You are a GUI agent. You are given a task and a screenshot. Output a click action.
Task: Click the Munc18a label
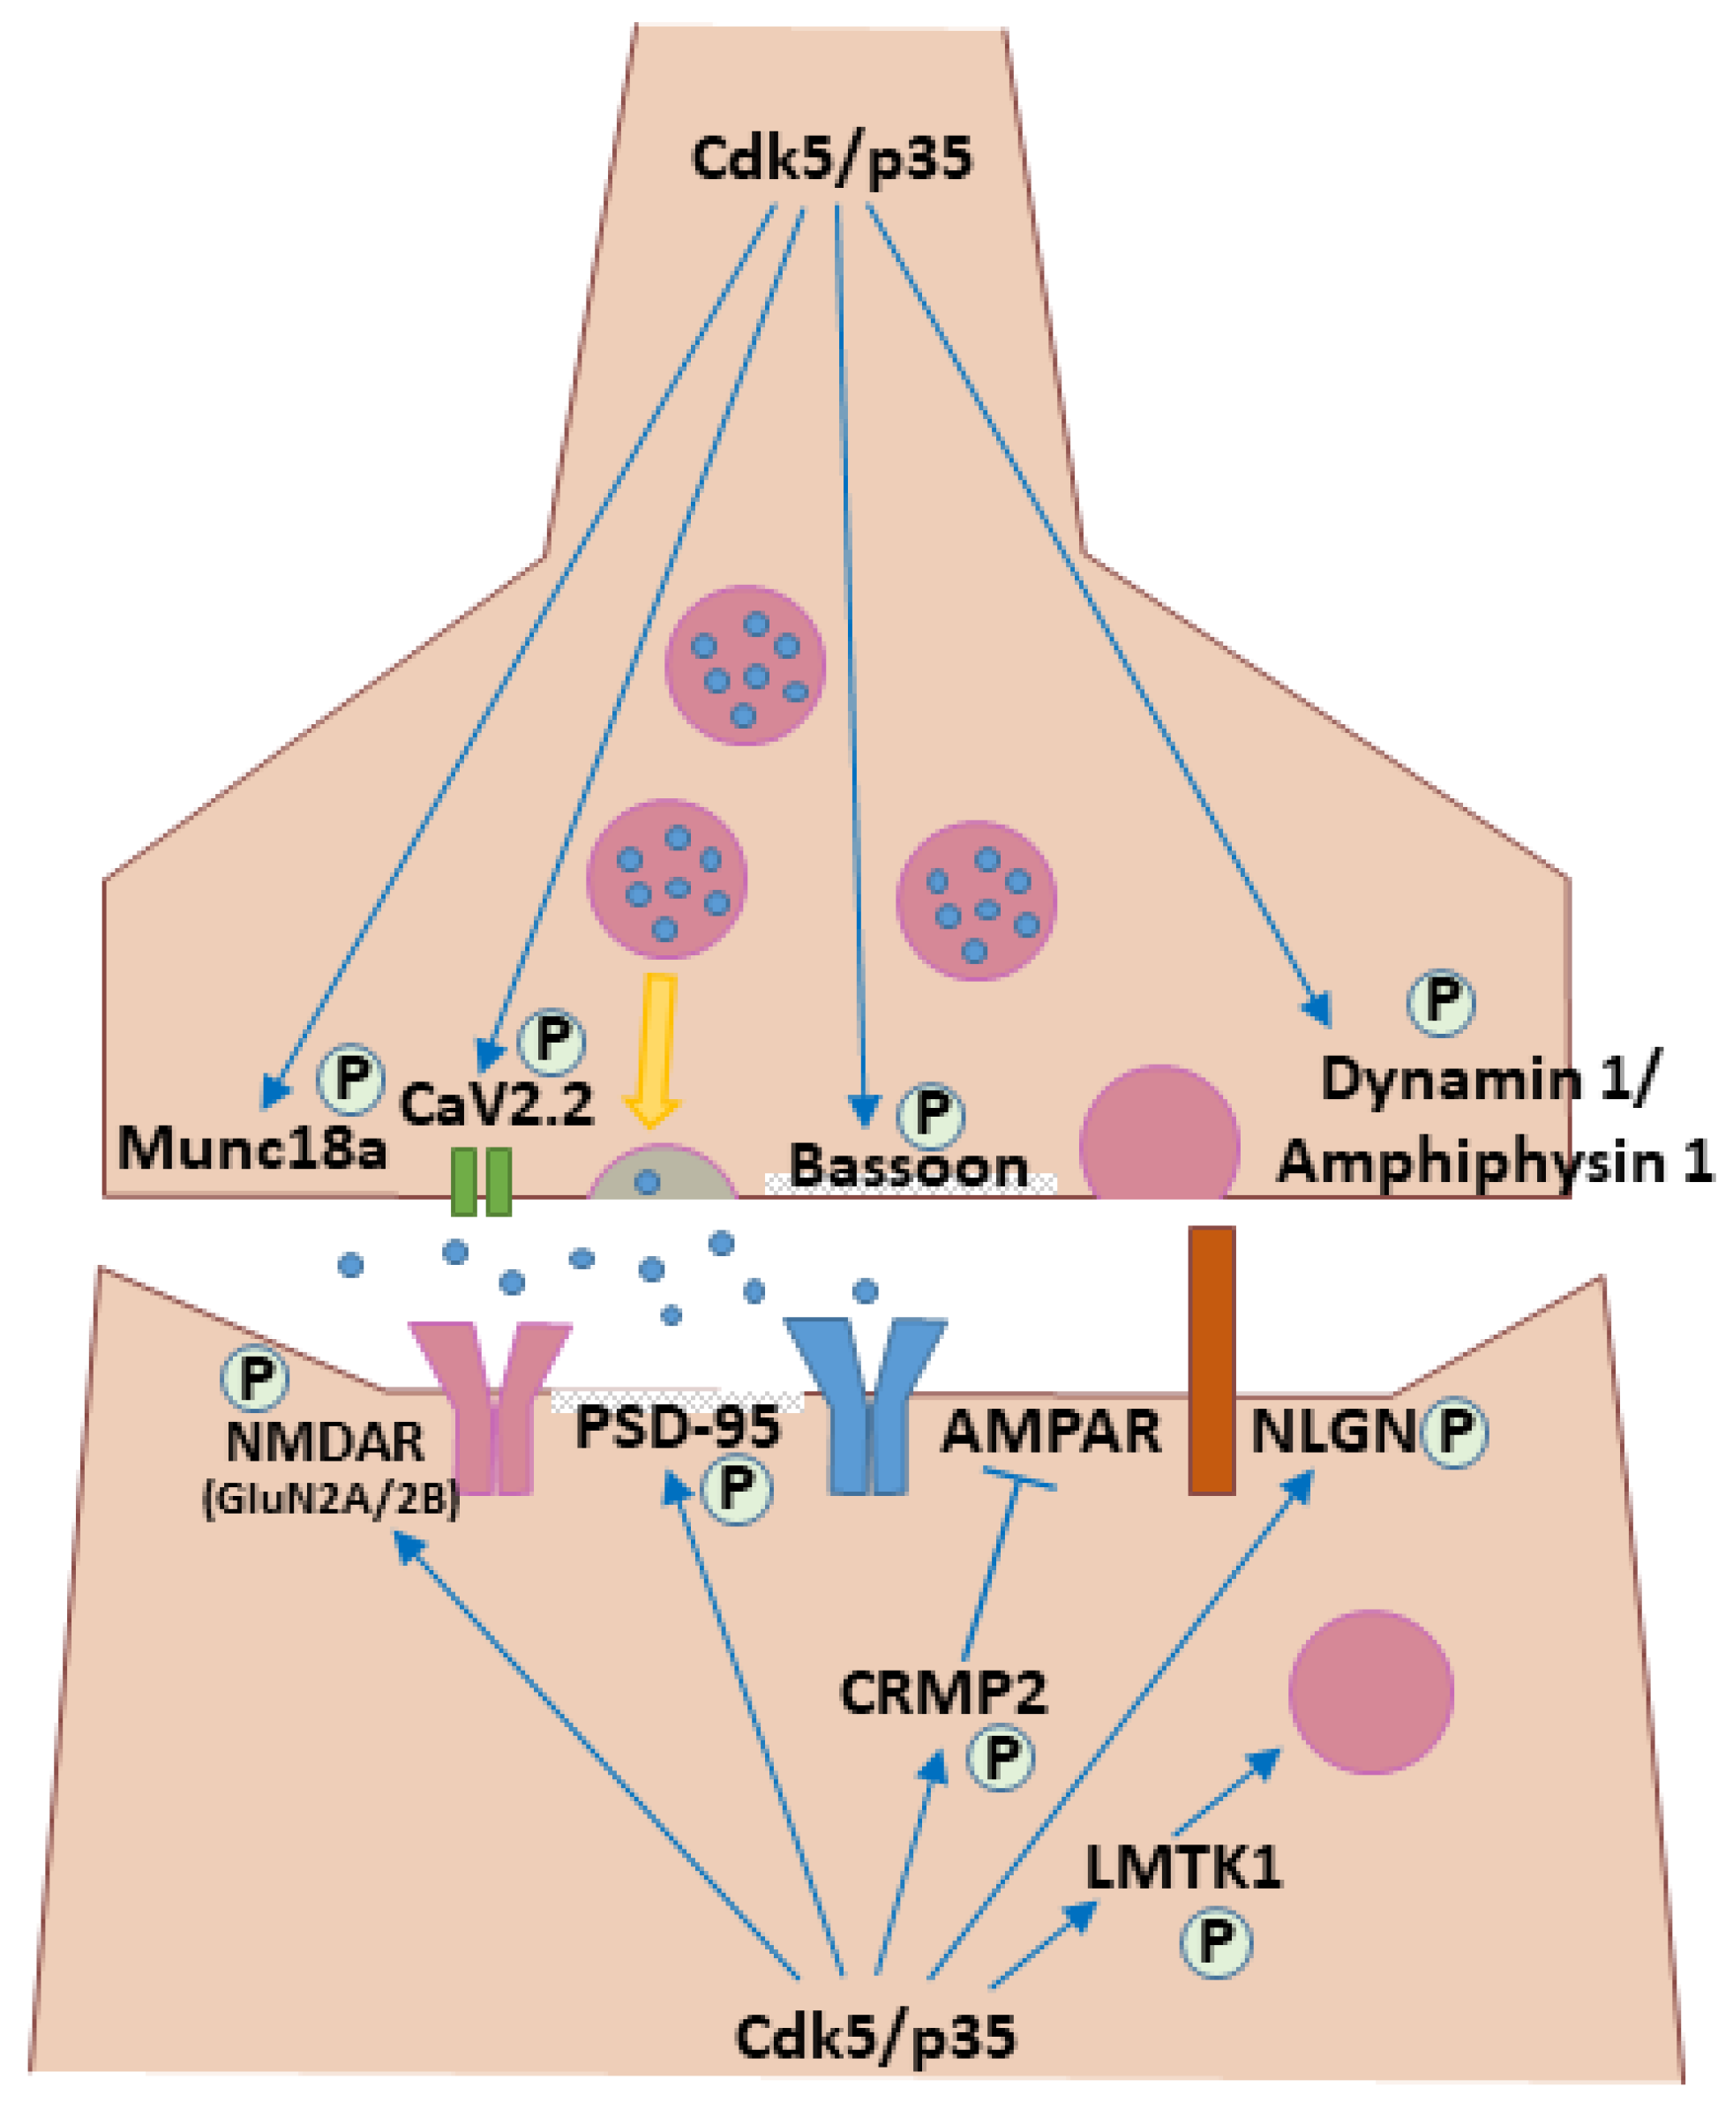click(251, 1148)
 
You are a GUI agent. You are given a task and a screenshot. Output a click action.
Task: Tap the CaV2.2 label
click(496, 1103)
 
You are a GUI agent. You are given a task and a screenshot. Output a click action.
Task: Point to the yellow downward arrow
click(655, 1049)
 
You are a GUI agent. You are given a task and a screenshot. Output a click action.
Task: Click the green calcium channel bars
click(481, 1182)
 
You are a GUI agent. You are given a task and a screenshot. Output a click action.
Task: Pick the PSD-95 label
click(678, 1427)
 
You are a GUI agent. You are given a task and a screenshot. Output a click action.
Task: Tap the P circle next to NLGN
click(1454, 1432)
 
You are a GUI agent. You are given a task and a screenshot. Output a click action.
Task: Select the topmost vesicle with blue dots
click(745, 665)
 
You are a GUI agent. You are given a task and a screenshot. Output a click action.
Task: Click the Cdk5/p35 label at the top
click(830, 159)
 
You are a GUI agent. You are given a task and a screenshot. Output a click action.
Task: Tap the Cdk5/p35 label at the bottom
click(874, 2036)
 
